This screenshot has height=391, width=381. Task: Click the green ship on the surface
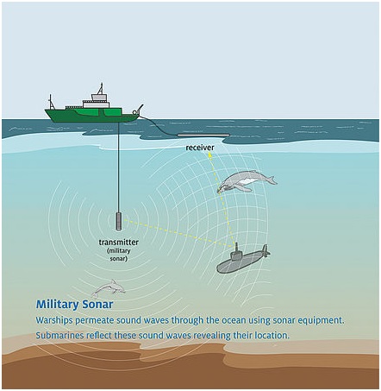click(x=93, y=110)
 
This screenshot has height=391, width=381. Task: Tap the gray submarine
click(x=243, y=260)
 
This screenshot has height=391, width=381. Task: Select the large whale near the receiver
click(x=247, y=181)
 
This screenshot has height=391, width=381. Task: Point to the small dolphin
click(x=109, y=287)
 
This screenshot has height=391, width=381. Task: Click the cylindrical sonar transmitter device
click(x=119, y=221)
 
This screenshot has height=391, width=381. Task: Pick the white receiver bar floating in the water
click(x=203, y=135)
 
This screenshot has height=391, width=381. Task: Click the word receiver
click(x=200, y=148)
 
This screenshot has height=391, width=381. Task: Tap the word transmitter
click(x=119, y=243)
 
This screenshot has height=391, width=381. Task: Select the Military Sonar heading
click(x=74, y=305)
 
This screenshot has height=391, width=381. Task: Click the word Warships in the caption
click(x=54, y=320)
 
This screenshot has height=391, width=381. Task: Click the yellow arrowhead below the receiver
click(x=209, y=155)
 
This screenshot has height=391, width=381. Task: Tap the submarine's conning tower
click(x=236, y=250)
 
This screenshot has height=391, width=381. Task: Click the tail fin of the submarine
click(x=265, y=251)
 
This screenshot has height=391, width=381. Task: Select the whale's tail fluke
click(x=272, y=180)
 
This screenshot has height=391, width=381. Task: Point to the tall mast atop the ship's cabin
click(x=101, y=88)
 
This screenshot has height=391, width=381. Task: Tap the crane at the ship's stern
click(x=139, y=110)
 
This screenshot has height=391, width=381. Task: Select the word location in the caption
click(x=271, y=335)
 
